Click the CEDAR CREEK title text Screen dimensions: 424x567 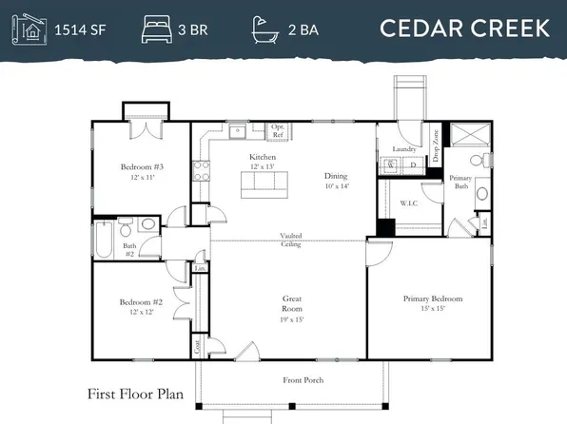click(x=464, y=28)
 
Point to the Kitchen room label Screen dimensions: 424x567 click(x=263, y=157)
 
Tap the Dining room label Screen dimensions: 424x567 click(x=336, y=176)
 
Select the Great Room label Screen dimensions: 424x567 click(x=292, y=303)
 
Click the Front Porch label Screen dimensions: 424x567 click(x=303, y=380)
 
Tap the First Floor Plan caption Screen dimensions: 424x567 click(x=132, y=394)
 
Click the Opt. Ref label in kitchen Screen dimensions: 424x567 click(x=279, y=131)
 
